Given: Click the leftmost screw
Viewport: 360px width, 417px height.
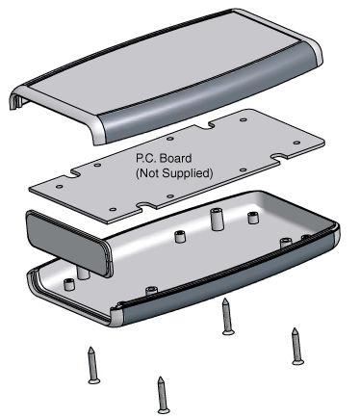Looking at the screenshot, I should point(91,365).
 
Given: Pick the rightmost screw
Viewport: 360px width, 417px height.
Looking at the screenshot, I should point(296,346).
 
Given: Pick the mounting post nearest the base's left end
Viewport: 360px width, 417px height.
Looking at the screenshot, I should point(68,282).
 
